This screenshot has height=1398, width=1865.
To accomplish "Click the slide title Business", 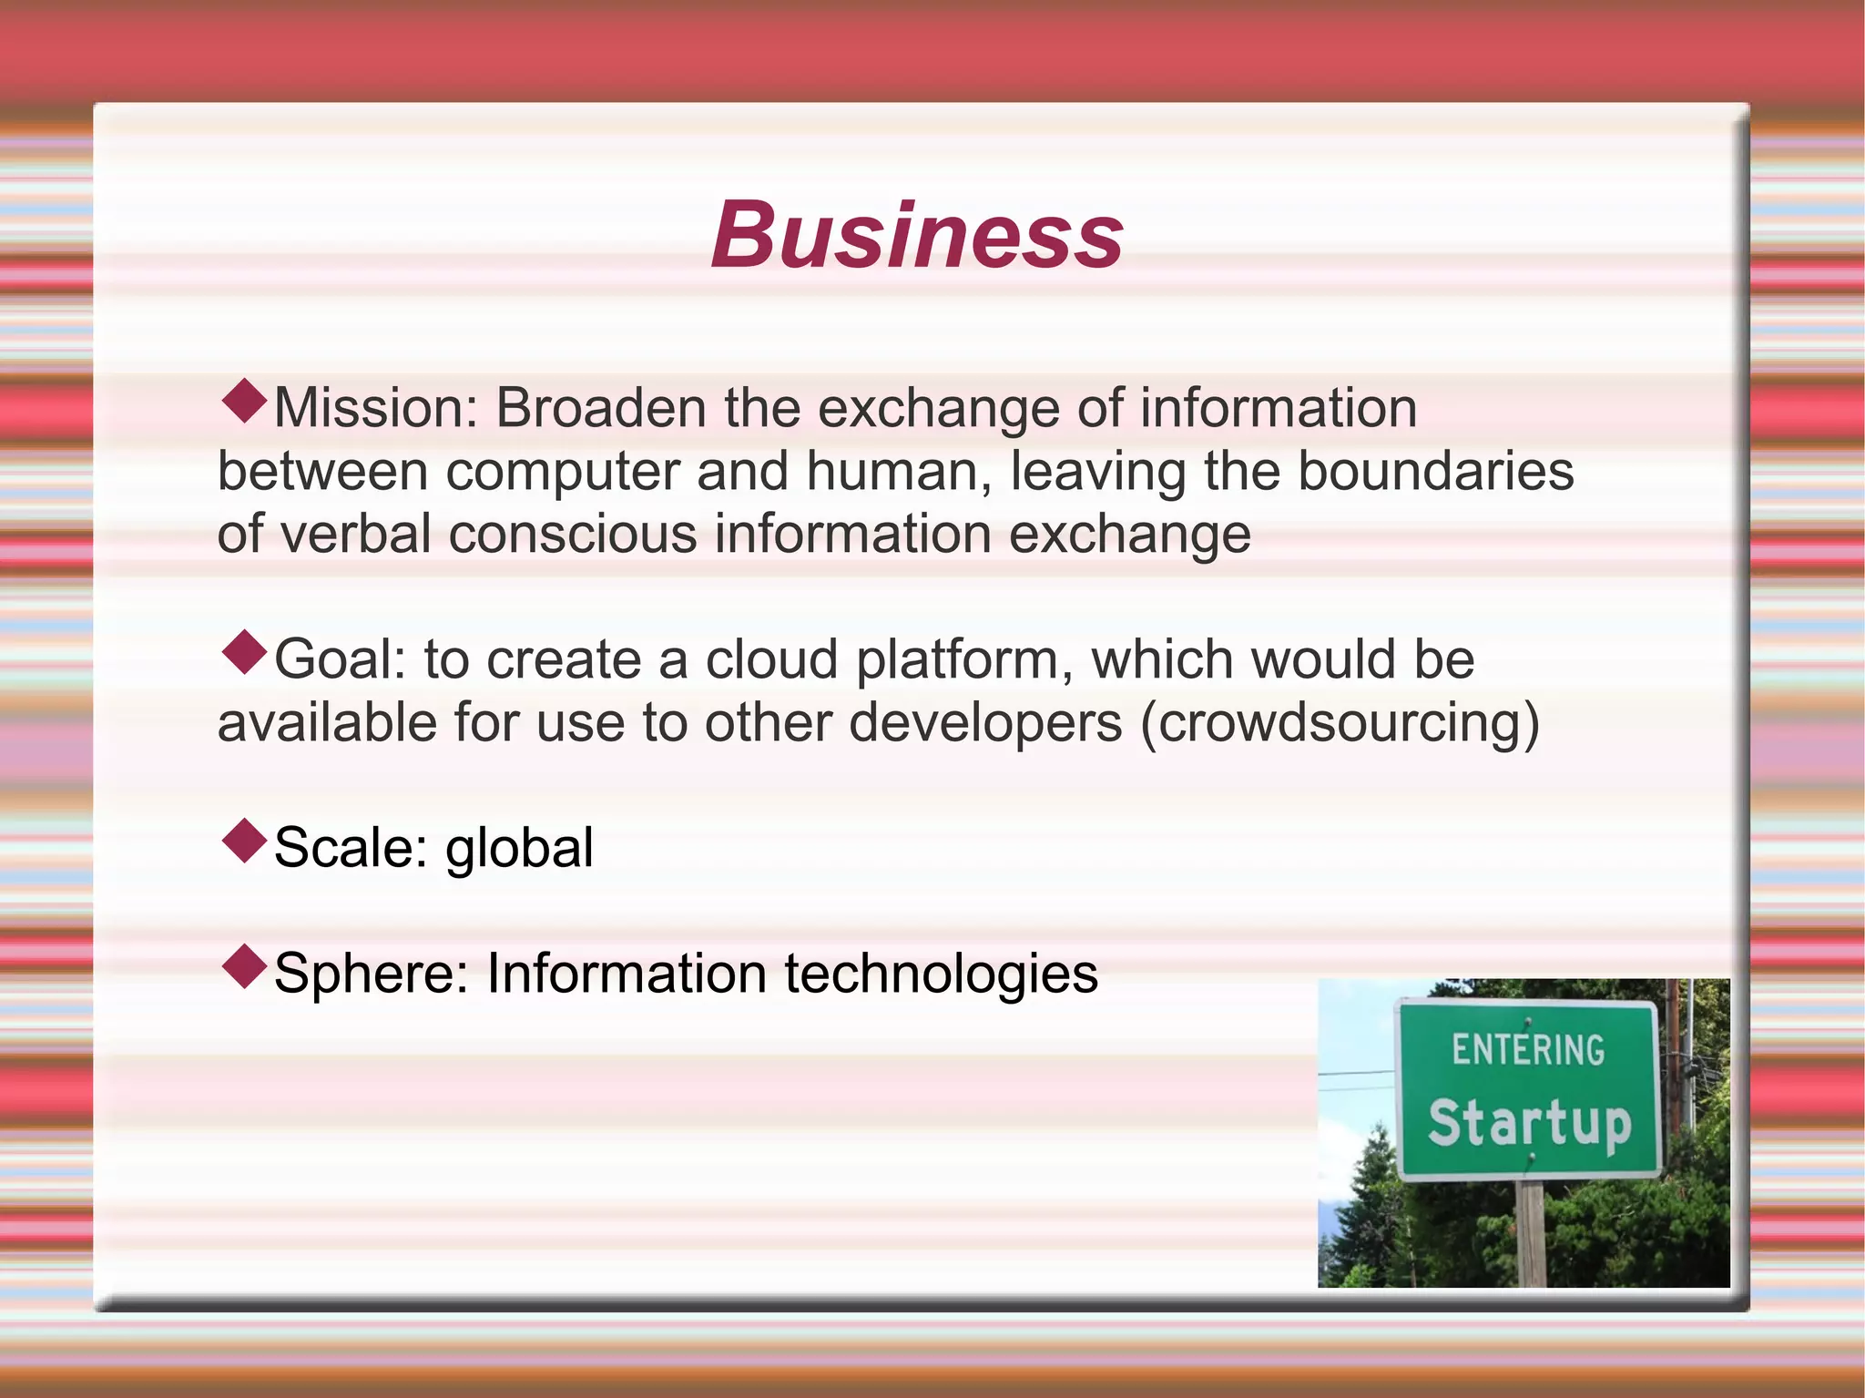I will pos(917,236).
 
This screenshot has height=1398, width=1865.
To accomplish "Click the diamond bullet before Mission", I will pos(244,402).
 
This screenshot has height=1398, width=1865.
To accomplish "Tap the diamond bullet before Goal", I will pos(244,653).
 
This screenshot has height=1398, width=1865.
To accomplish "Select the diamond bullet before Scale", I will pos(244,842).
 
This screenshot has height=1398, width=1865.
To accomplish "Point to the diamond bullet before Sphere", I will pos(244,967).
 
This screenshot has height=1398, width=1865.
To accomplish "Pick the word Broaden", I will pos(600,408).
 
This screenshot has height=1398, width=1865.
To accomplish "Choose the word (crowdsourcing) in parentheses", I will pos(1340,723).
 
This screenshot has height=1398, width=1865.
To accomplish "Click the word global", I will pos(519,849).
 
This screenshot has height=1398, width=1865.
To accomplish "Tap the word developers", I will pos(985,723).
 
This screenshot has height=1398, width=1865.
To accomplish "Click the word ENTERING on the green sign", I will pos(1528,1050).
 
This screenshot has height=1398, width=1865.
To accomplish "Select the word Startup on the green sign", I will pos(1529,1123).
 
